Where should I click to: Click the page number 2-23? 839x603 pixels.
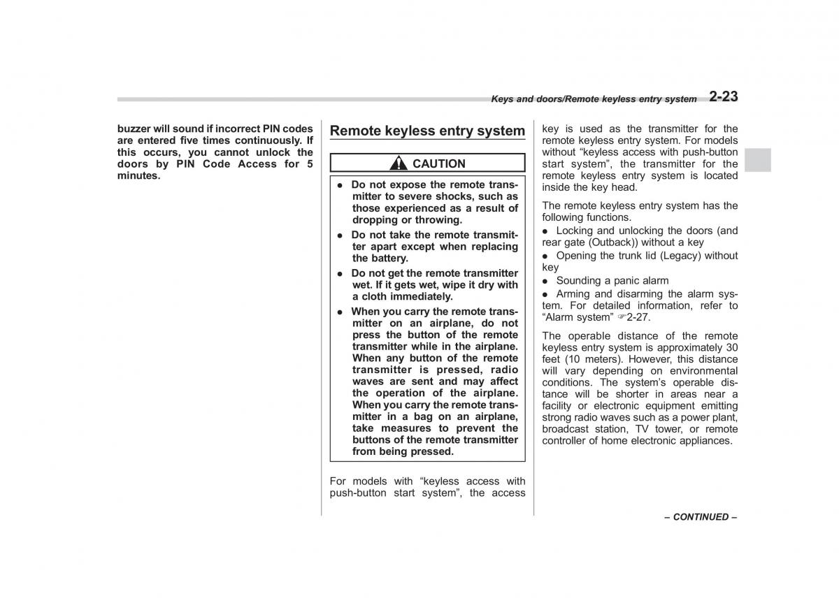[x=723, y=97]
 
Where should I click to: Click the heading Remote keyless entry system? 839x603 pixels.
[x=426, y=131]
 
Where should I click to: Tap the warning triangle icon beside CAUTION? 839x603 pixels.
[x=399, y=164]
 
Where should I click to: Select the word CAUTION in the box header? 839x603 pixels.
[x=438, y=164]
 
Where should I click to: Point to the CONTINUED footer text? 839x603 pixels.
[x=701, y=517]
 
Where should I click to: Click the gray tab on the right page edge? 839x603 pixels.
[x=757, y=160]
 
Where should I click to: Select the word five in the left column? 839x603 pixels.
[x=204, y=140]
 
